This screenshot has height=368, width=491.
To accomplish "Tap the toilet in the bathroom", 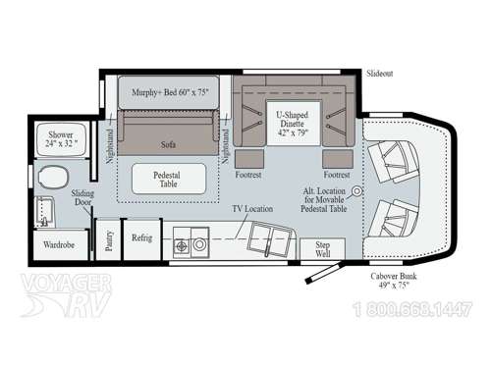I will (x=51, y=178).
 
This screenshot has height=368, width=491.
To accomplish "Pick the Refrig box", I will (x=142, y=239).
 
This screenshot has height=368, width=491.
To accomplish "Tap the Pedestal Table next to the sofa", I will (x=169, y=178).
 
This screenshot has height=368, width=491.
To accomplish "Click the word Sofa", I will (x=168, y=143).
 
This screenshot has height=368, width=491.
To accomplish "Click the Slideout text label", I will (x=381, y=74).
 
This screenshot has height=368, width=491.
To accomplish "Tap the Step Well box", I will (x=316, y=247).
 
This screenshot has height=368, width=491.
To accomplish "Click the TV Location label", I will (x=252, y=208).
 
